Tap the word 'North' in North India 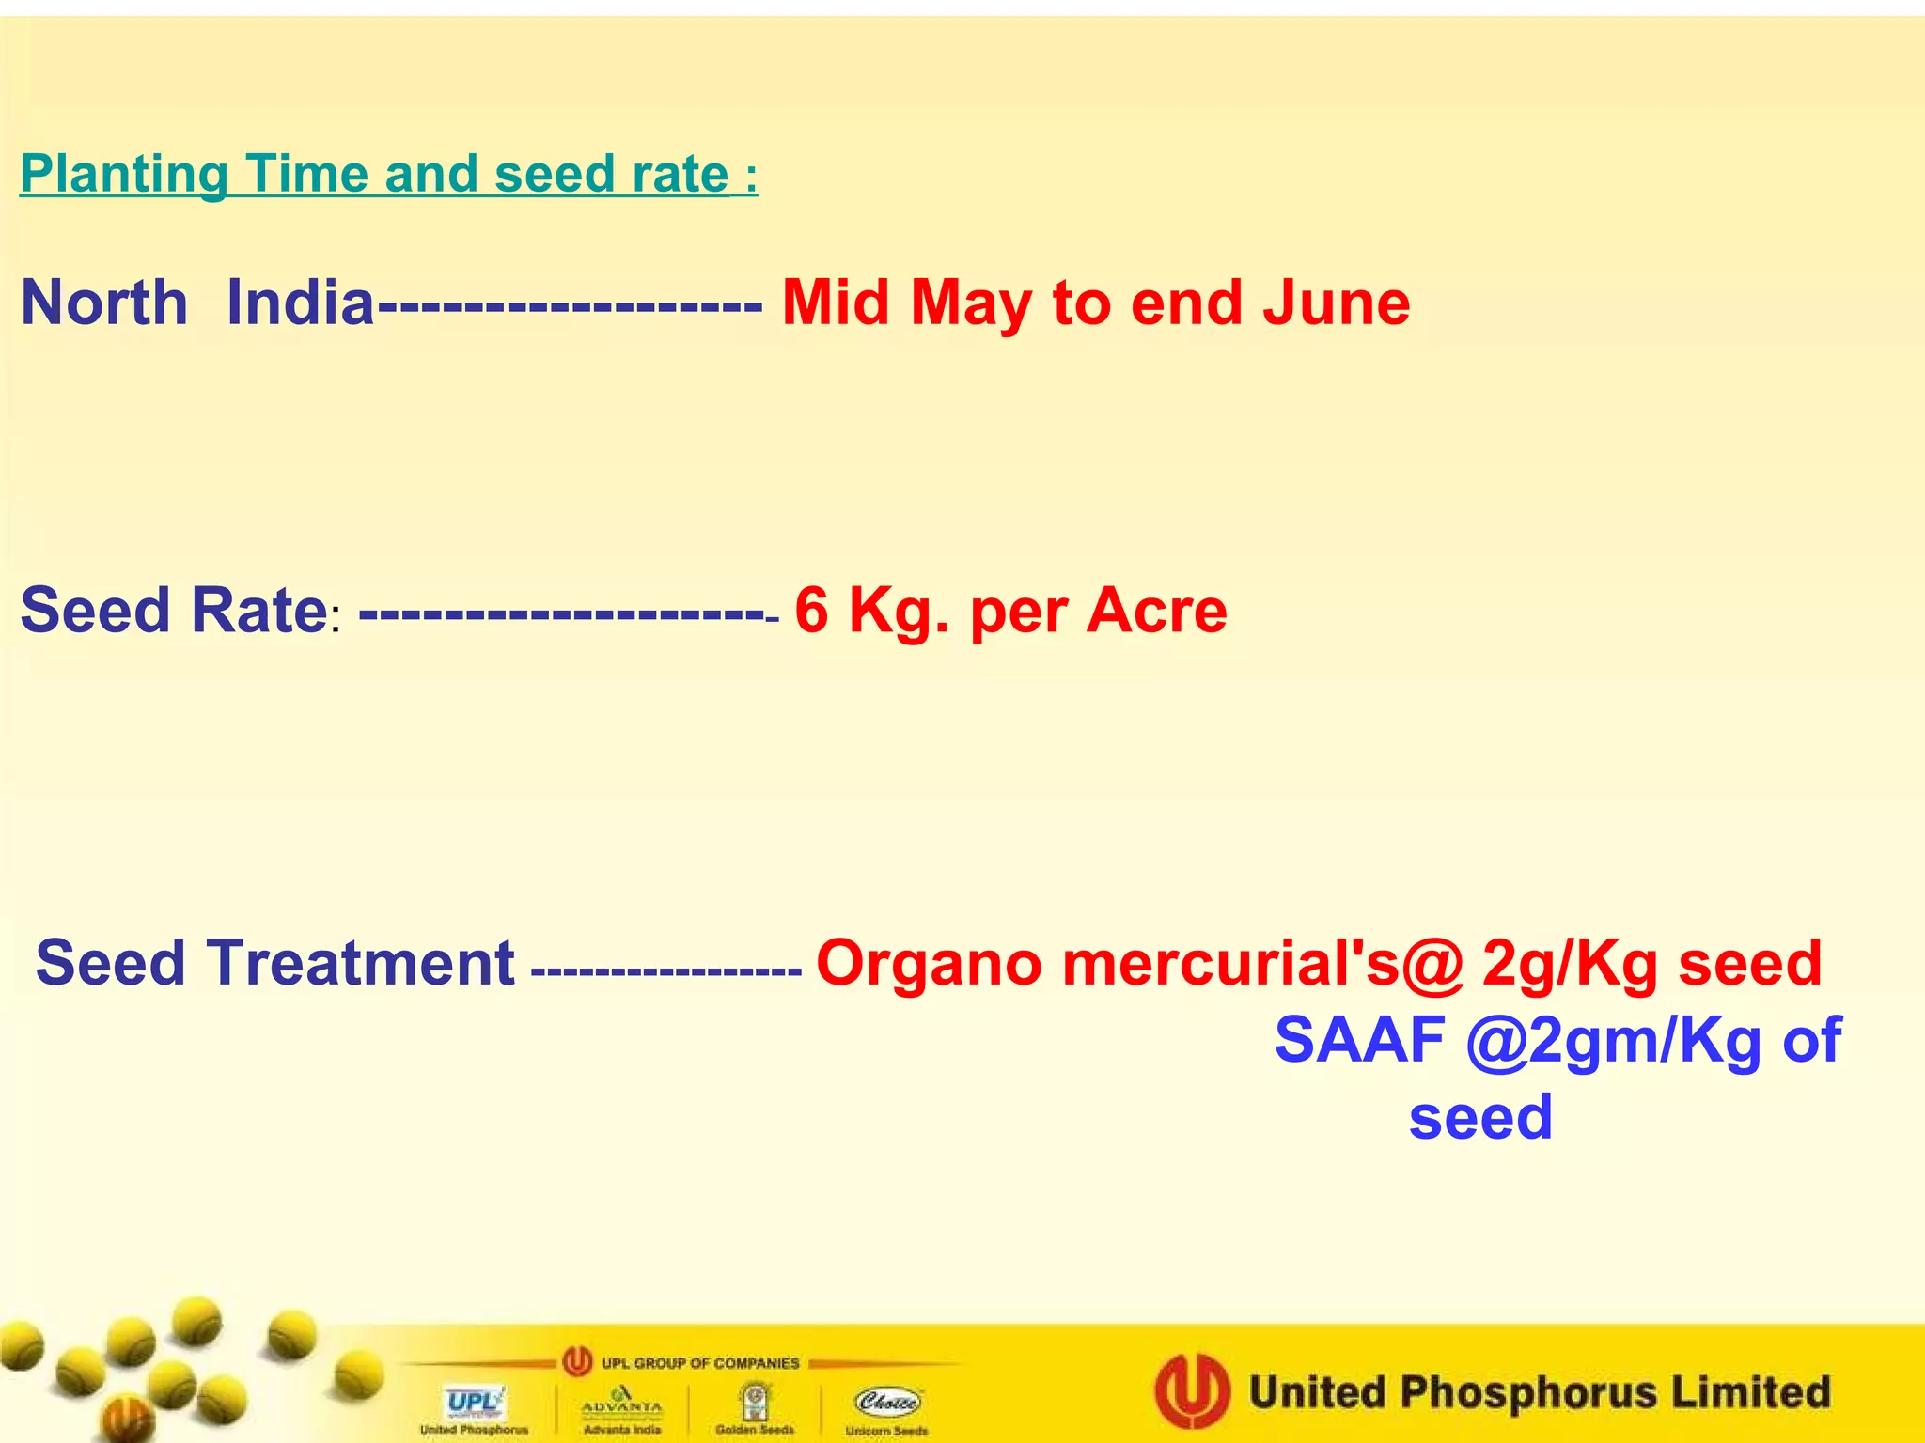click(104, 303)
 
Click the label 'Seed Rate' click(174, 611)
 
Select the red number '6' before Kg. click(812, 611)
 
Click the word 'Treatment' click(360, 964)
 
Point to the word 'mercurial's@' click(1262, 964)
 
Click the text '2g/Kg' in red click(1570, 964)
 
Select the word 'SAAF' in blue click(1359, 1041)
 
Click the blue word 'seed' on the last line click(1480, 1118)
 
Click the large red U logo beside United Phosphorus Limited click(1192, 1390)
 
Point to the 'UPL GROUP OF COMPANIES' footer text click(700, 1363)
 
